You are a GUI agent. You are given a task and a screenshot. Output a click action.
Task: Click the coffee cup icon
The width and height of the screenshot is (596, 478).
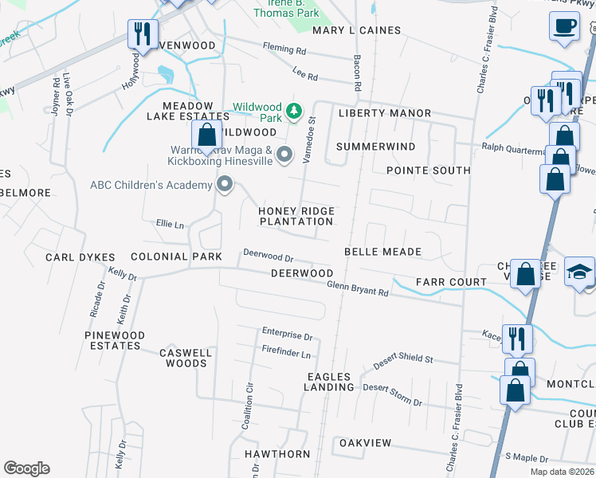[x=564, y=25]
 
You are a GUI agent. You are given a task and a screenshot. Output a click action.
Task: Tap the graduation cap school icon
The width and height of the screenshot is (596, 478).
[x=579, y=271]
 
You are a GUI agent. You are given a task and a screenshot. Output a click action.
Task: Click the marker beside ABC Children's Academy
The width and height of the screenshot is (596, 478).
[x=225, y=186]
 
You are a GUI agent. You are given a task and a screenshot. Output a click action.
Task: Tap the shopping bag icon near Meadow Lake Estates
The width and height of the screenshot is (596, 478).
[x=207, y=135]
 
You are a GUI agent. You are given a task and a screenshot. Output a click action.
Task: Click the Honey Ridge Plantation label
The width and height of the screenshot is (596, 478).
[x=296, y=216]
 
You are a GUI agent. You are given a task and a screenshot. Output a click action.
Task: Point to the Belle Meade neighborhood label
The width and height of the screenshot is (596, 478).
[x=382, y=252]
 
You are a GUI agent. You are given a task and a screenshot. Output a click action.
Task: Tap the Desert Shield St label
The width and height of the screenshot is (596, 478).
[x=402, y=359]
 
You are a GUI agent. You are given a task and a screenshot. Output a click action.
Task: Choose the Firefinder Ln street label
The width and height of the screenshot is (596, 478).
[x=286, y=351]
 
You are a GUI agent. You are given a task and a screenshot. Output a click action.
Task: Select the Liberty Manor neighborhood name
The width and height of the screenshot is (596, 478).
[x=385, y=114]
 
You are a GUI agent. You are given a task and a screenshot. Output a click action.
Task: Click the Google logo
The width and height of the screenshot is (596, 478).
[x=26, y=468]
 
